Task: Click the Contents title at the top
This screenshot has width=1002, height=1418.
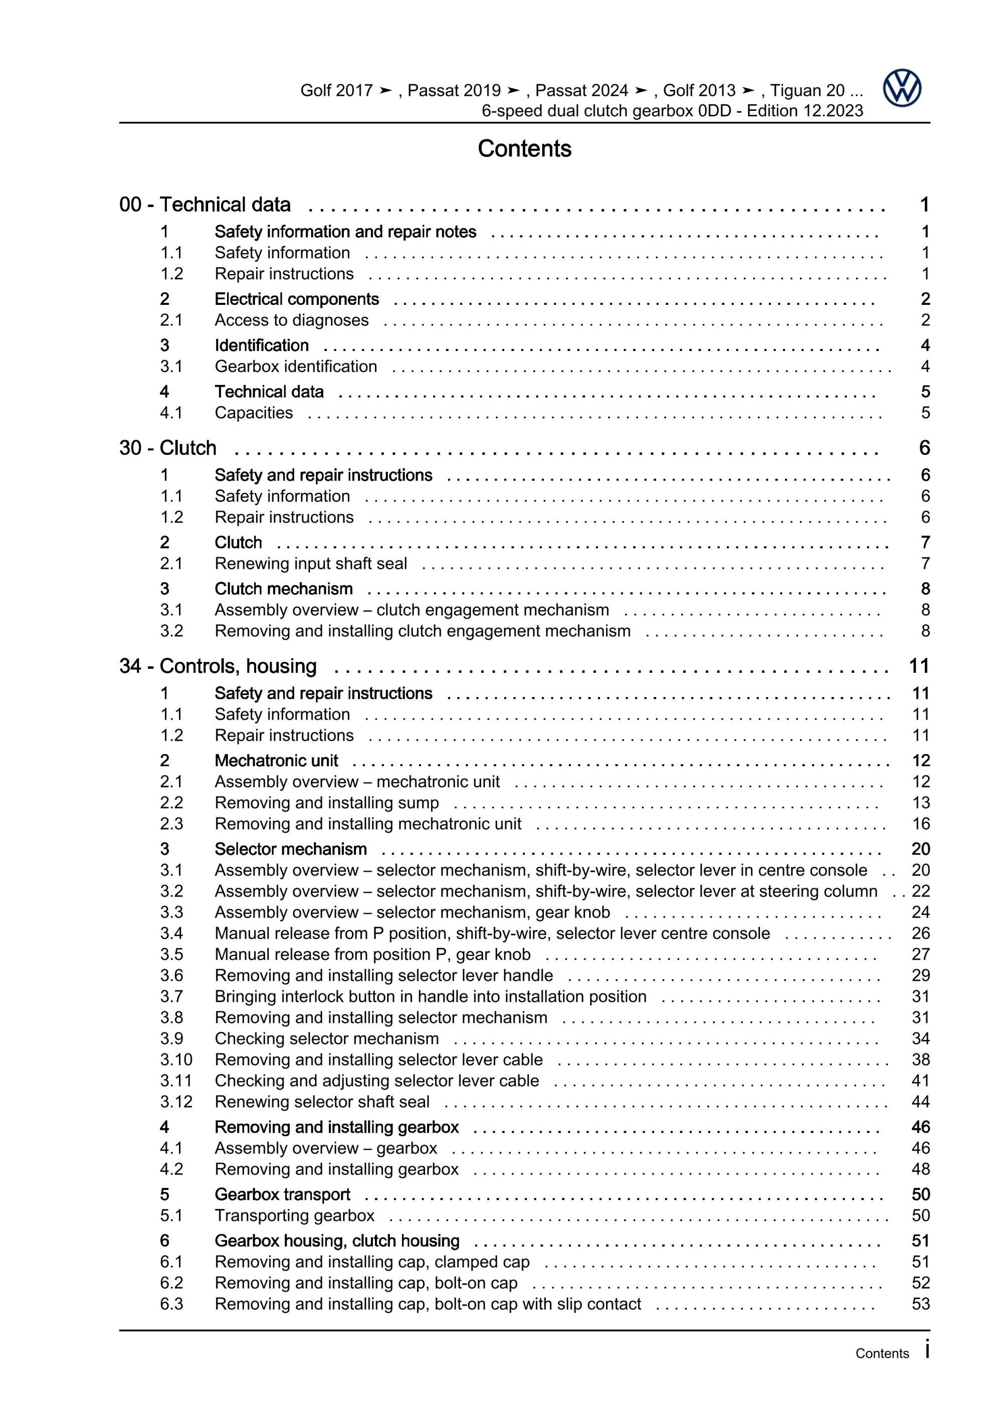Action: [x=524, y=149]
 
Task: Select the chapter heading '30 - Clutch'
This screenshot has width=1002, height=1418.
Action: [x=168, y=448]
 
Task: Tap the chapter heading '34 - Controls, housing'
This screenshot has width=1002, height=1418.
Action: [x=218, y=666]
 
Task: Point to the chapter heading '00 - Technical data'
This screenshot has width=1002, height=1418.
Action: [x=205, y=205]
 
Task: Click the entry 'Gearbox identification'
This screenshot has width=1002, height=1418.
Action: [x=296, y=366]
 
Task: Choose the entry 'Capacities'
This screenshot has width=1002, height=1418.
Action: [x=254, y=413]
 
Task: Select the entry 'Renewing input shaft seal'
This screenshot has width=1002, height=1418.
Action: [x=311, y=563]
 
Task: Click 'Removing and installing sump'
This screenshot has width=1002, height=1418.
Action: [x=327, y=802]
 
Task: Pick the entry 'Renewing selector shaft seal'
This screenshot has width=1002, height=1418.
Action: [x=322, y=1101]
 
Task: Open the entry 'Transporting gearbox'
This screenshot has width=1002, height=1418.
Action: [x=295, y=1215]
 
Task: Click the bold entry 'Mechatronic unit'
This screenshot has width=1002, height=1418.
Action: [x=277, y=760]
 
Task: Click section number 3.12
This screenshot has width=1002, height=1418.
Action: [x=176, y=1101]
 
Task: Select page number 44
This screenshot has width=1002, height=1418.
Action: [x=920, y=1101]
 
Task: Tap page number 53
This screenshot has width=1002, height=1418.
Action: [x=920, y=1304]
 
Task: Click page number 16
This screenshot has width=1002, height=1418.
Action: [x=920, y=823]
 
